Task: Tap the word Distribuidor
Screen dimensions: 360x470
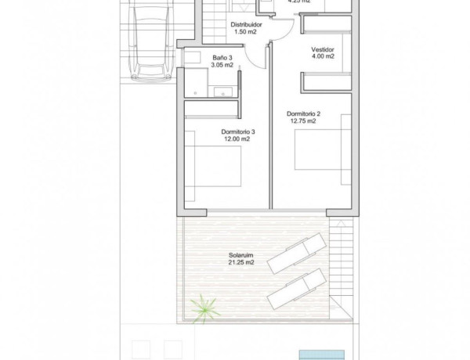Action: pyautogui.click(x=246, y=25)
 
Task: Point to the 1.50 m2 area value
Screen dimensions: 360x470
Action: pyautogui.click(x=246, y=33)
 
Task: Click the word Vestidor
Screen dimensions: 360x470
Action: pyautogui.click(x=323, y=49)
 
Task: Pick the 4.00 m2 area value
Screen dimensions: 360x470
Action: pyautogui.click(x=323, y=56)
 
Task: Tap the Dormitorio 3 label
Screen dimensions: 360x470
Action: pyautogui.click(x=237, y=131)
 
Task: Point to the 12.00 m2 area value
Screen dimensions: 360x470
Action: pyautogui.click(x=237, y=139)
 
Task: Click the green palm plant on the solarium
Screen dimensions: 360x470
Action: pyautogui.click(x=204, y=308)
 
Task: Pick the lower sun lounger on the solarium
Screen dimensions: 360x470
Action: pyautogui.click(x=295, y=289)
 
